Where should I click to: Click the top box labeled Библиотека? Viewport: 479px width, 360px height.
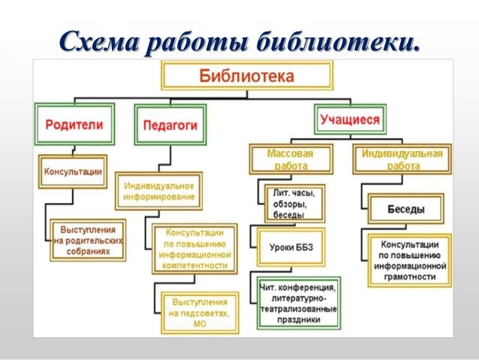click(246, 77)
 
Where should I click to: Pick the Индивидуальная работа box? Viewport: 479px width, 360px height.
click(402, 159)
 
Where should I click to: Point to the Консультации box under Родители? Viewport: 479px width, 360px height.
click(72, 171)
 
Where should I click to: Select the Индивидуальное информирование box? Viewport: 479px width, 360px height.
click(158, 191)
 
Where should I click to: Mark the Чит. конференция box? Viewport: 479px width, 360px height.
click(298, 303)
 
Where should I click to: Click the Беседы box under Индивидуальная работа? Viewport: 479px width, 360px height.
click(406, 209)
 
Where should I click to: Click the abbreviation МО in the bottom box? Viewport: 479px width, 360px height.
click(198, 324)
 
